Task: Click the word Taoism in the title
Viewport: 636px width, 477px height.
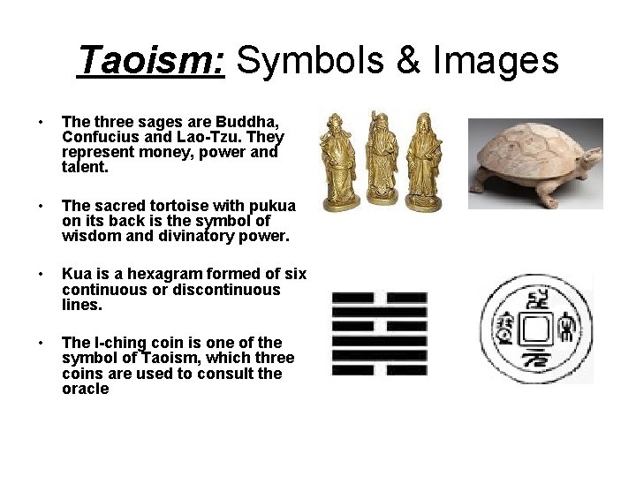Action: (x=151, y=60)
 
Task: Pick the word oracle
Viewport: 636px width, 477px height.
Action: (x=86, y=389)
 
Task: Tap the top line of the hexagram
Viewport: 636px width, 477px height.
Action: (x=379, y=297)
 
